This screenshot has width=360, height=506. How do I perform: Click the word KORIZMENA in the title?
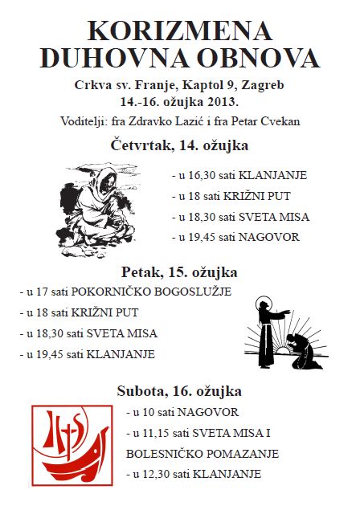[x=180, y=31]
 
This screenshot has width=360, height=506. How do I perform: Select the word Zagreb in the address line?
[x=265, y=85]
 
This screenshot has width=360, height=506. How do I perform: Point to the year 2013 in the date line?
[x=221, y=102]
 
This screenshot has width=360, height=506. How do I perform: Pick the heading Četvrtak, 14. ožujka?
[x=179, y=145]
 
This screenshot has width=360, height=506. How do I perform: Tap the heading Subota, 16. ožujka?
[x=179, y=392]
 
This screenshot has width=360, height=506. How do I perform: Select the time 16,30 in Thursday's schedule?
[x=201, y=174]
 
